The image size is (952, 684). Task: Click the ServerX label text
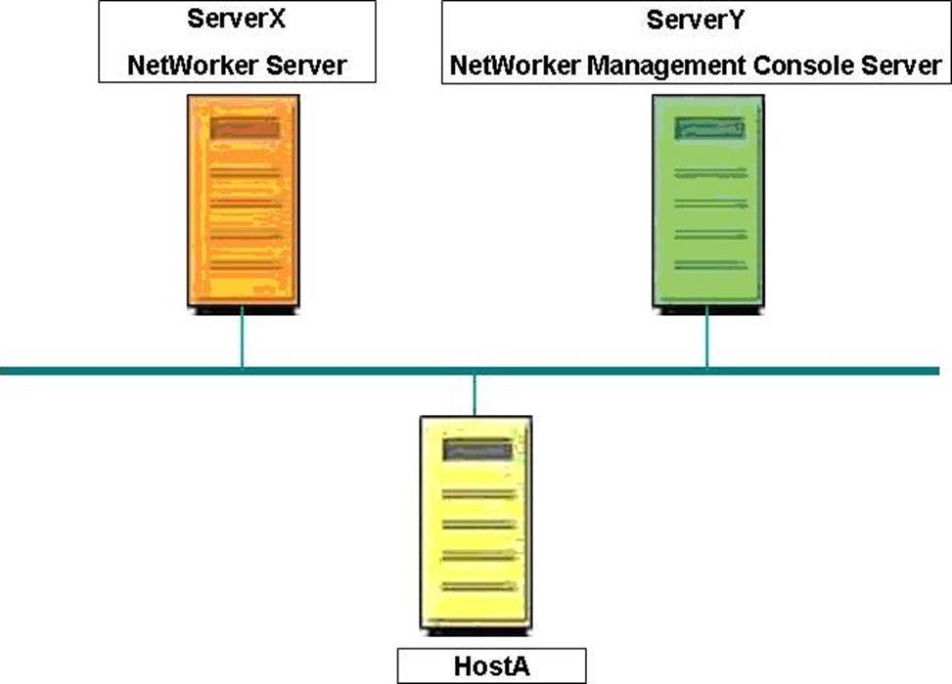(236, 19)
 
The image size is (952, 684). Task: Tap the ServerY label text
(695, 20)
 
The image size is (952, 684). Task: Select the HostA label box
(492, 665)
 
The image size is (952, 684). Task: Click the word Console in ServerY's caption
(803, 65)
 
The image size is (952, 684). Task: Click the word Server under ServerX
(306, 65)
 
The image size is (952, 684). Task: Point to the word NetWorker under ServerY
(515, 65)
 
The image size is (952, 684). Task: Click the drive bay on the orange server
(245, 128)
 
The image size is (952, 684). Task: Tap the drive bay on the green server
(709, 128)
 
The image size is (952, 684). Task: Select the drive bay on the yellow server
(477, 450)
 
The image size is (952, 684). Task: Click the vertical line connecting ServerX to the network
(243, 338)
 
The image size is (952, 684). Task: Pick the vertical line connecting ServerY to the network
(706, 338)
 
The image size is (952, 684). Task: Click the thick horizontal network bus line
(470, 371)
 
